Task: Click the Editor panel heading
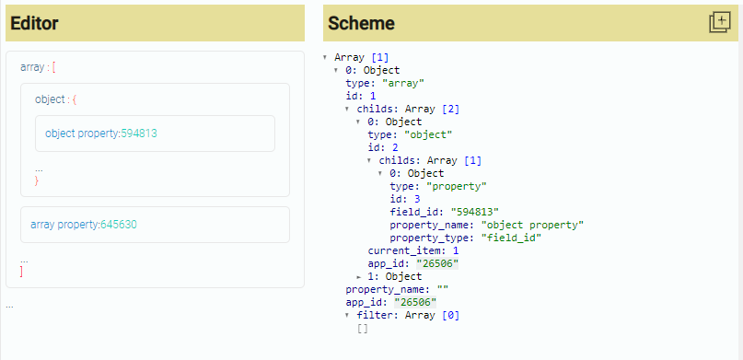(x=36, y=23)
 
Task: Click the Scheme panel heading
(x=362, y=23)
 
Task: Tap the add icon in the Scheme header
(x=719, y=23)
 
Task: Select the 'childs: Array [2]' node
(x=394, y=109)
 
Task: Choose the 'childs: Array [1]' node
(x=417, y=160)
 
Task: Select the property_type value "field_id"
(x=510, y=238)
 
